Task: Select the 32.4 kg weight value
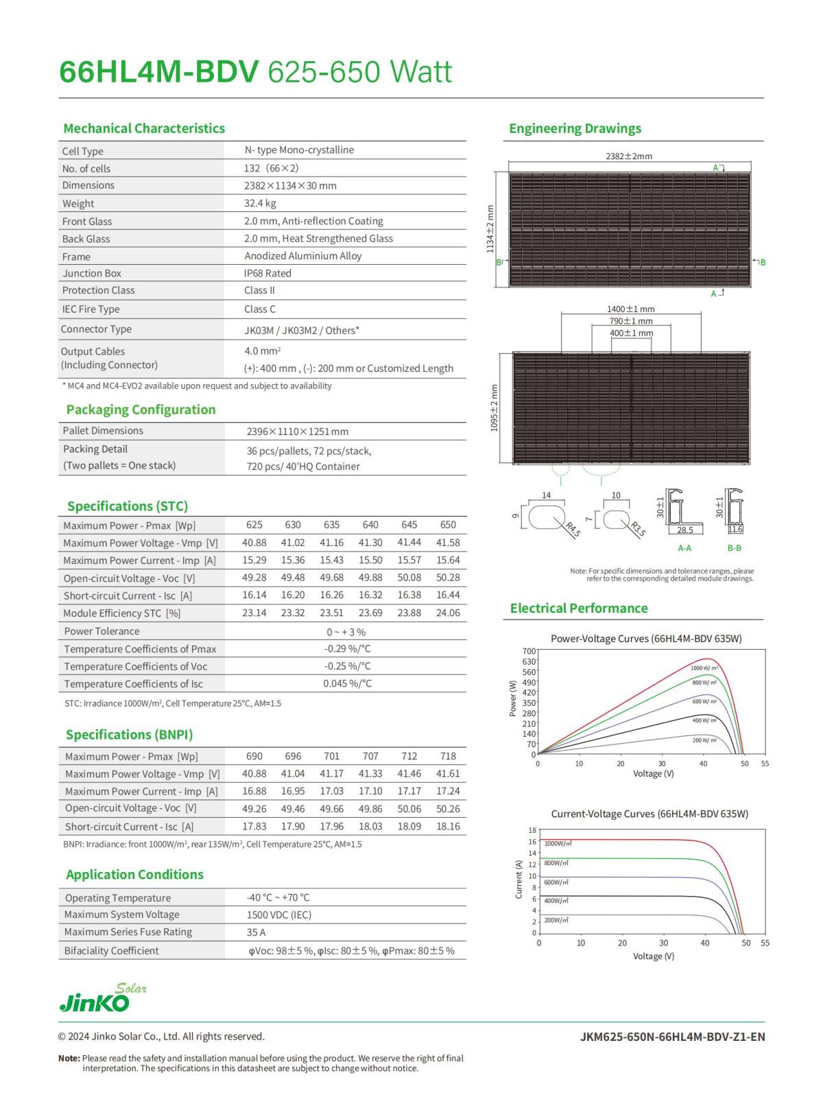tap(260, 203)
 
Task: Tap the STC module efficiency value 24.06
tap(448, 613)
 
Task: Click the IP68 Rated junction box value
tap(267, 273)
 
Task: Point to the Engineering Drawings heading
tap(575, 128)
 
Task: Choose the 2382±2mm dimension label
tap(628, 156)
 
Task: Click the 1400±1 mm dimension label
tap(630, 309)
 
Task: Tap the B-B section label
tap(734, 548)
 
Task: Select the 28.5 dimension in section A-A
tap(684, 530)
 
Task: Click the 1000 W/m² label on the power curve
tap(704, 668)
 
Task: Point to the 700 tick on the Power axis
tap(529, 651)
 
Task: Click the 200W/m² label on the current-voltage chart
tap(556, 920)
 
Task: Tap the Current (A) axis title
tap(518, 880)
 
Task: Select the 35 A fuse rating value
tap(256, 932)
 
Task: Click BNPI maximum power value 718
tap(448, 756)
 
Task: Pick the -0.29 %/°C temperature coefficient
tap(347, 648)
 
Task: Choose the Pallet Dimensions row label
tap(103, 431)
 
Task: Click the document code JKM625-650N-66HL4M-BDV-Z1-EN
tap(672, 1036)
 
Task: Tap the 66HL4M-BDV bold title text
tap(158, 72)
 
